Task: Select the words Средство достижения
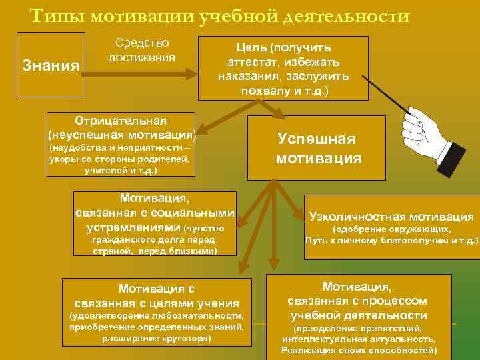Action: [x=141, y=50]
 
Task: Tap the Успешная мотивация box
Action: [x=317, y=148]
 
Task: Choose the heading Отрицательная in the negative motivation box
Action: [x=121, y=120]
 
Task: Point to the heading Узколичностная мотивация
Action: [x=391, y=217]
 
